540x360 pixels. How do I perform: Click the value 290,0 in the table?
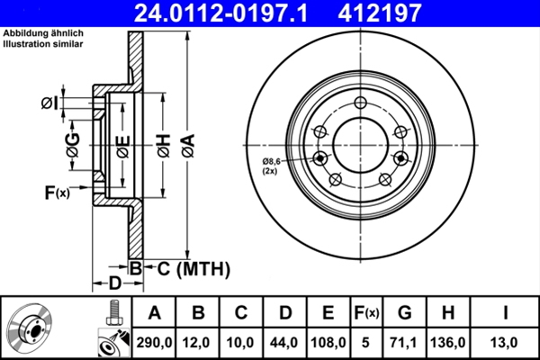coord(155,342)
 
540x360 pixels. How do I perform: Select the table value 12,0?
coord(199,342)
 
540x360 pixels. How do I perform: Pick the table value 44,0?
coord(285,342)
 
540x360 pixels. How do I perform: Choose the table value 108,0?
coord(328,342)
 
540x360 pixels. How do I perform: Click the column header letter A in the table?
coord(155,313)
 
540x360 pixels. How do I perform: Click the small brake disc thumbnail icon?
coord(32,328)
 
